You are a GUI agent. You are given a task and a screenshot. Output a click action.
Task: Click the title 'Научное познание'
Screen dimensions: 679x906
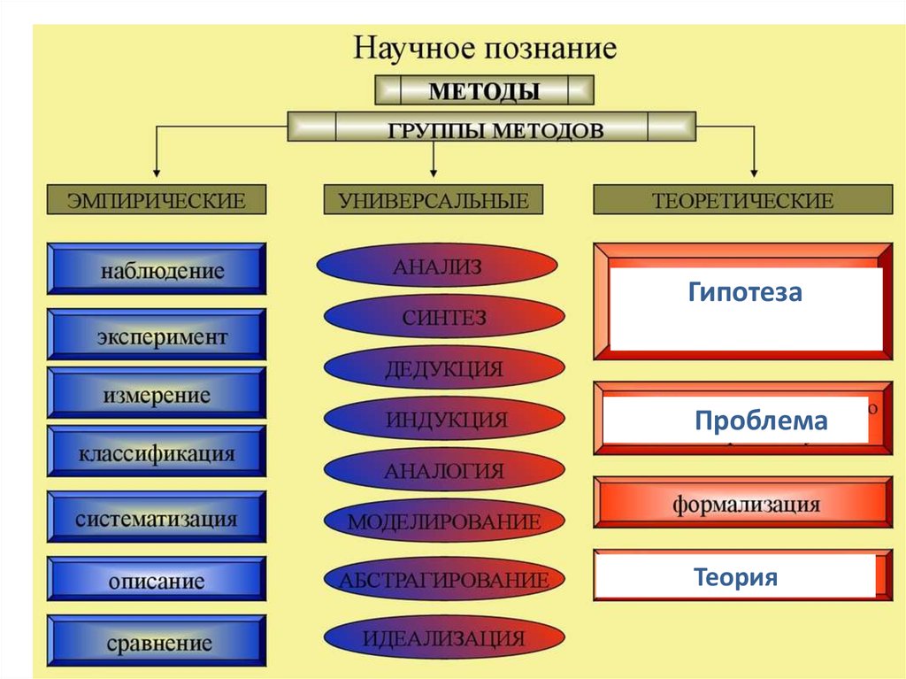484,47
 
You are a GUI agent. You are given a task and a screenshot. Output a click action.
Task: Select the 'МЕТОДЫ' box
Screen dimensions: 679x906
484,90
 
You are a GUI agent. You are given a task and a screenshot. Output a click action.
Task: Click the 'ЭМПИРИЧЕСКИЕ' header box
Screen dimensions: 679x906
157,200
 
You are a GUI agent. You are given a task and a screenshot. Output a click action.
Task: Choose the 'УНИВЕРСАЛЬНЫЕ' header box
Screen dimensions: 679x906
434,200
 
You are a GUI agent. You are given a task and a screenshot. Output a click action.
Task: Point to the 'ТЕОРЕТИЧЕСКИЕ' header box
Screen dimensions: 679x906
742,200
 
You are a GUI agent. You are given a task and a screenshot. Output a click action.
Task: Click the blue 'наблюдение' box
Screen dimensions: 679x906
157,269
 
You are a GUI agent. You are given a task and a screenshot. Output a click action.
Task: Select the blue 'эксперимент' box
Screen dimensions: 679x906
157,335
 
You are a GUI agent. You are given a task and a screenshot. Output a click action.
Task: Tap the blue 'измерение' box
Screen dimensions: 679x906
157,394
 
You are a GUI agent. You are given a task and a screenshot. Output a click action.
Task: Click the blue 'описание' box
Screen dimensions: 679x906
157,581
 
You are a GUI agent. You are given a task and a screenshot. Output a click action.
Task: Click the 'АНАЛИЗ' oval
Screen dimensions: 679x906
437,266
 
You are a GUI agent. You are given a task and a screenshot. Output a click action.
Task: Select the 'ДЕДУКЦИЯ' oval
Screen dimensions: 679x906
443,368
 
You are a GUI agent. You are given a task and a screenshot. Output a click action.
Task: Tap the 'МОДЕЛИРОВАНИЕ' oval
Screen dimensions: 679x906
443,521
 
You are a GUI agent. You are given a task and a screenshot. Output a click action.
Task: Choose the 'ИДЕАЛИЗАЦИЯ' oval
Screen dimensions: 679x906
443,637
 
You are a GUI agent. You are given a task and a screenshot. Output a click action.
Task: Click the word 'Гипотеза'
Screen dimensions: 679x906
745,293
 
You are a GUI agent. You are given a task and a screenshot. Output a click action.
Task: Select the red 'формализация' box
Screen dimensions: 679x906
743,505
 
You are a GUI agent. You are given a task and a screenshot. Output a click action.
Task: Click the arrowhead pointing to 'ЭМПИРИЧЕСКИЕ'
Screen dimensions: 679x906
157,168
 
